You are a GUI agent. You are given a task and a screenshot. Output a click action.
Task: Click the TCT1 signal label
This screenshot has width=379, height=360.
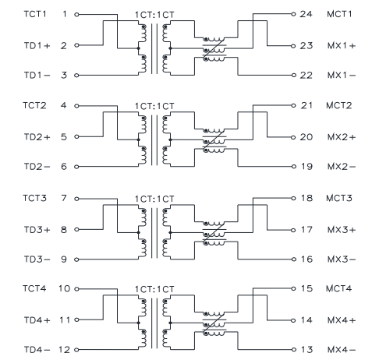35,14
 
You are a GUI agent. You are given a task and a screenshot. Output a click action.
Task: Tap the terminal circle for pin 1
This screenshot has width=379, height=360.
76,15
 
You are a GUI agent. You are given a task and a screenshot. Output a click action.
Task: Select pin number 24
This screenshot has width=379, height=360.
306,14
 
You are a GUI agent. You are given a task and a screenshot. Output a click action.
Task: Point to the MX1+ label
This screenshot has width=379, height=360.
342,46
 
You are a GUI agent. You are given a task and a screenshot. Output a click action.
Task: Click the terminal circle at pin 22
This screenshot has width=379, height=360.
294,76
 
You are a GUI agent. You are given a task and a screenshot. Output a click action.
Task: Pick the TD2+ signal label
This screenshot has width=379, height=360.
37,137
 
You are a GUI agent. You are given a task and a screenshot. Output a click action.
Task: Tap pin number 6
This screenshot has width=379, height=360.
64,166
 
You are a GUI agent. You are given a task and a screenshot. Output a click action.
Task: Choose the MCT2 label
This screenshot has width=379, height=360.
339,105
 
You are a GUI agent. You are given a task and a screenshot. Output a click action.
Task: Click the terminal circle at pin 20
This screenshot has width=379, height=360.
294,137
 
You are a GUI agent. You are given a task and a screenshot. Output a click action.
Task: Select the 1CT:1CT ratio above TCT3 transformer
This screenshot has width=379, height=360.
154,199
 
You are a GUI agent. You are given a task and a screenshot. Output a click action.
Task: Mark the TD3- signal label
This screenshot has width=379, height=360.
37,259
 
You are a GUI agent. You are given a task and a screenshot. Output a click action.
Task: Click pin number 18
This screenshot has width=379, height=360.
306,198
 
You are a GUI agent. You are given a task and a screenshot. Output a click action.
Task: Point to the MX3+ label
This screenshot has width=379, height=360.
342,230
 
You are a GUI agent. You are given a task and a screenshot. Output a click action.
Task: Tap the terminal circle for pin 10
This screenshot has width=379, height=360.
76,289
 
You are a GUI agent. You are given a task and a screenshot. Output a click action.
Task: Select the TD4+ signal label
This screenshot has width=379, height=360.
37,320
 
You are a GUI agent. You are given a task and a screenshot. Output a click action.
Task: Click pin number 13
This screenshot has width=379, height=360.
306,349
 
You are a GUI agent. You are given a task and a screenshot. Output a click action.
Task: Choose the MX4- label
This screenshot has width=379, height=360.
342,350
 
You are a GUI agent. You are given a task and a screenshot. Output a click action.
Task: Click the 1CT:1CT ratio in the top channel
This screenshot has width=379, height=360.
154,15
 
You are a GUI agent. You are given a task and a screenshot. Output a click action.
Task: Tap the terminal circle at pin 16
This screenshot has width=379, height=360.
294,259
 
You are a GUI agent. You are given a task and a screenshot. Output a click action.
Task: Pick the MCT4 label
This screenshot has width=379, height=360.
339,288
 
